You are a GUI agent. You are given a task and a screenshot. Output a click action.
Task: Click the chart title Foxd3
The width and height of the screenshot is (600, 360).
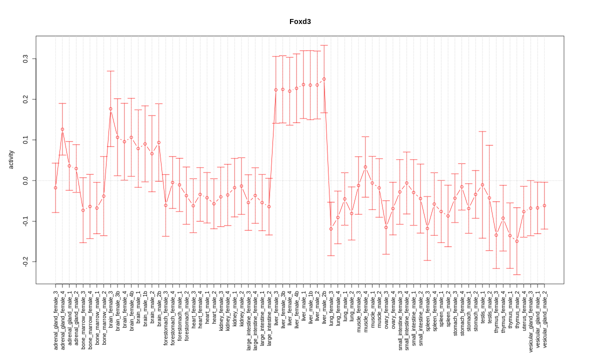coord(300,21)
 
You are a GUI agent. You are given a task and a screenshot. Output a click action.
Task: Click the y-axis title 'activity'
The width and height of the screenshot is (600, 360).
coord(11,160)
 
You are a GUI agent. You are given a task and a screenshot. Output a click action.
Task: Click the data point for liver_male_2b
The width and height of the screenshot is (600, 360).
coord(324,79)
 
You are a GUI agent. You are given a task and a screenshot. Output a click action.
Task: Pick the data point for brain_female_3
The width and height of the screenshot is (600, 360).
coord(110,108)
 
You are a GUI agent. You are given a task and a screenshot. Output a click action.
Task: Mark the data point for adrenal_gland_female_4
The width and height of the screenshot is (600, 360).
coord(62,129)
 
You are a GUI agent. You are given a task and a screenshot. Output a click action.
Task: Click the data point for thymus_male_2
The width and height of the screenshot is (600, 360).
coord(517,241)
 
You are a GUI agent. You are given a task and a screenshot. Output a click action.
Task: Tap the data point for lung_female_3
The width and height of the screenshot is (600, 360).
coord(331,229)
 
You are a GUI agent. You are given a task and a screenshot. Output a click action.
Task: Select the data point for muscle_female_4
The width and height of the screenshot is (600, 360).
coord(365,167)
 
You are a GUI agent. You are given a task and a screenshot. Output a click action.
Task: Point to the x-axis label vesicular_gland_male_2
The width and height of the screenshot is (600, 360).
coord(544,319)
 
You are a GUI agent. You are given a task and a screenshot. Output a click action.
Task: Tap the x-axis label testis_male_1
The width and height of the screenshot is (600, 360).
coord(482,307)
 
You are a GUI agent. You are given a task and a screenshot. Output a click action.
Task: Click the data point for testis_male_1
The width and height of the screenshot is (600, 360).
coord(482,185)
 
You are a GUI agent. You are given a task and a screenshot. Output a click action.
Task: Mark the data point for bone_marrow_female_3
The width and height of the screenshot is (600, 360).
coord(83,210)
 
